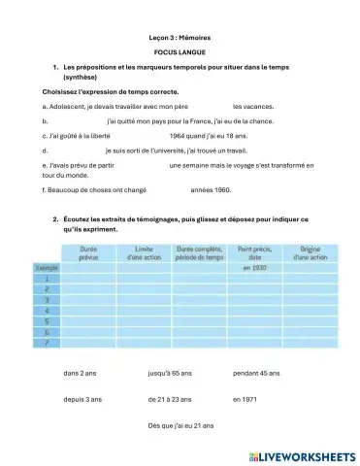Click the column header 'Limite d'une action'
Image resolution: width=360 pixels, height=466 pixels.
145,253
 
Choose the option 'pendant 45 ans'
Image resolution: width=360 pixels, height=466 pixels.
257,373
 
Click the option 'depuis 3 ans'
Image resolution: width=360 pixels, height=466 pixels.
82,399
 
